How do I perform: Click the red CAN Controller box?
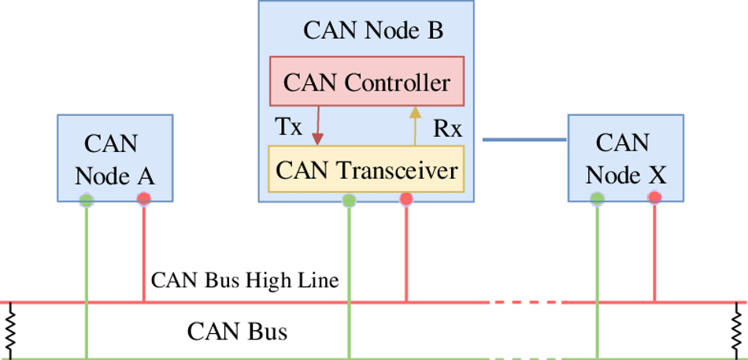(366, 80)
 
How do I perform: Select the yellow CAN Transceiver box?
(366, 169)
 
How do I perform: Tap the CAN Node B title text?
(373, 32)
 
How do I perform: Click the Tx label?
(289, 127)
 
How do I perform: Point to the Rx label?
(447, 128)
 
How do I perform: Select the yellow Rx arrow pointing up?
(415, 125)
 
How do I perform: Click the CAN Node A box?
(115, 158)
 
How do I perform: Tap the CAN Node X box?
(625, 158)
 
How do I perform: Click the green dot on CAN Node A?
(87, 200)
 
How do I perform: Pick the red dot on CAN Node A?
(143, 199)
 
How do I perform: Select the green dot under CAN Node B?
(349, 201)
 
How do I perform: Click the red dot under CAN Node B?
(406, 199)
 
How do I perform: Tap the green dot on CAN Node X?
(597, 199)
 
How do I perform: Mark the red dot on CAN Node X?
(654, 197)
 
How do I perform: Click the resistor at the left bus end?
(10, 331)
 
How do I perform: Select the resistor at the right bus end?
(738, 331)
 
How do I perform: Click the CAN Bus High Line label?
(245, 280)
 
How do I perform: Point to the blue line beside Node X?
(524, 139)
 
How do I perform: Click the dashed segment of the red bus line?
(527, 302)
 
